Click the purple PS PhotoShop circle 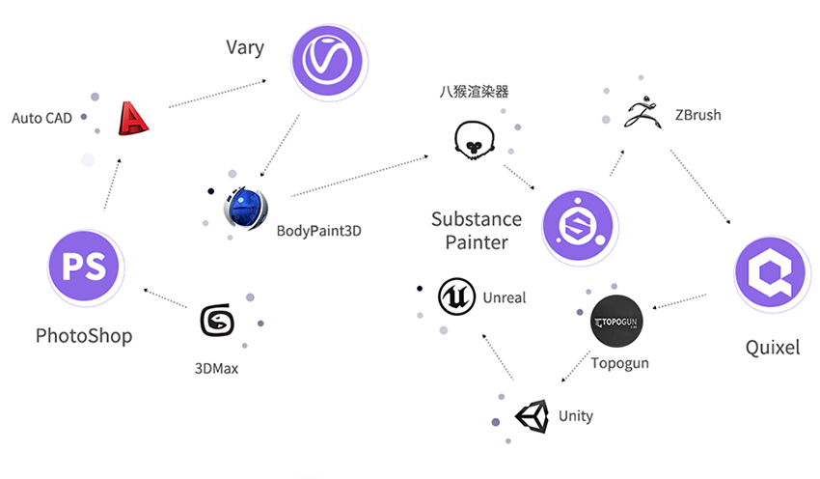click(85, 266)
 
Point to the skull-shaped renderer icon click(473, 140)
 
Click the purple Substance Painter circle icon click(578, 228)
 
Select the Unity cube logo click(532, 417)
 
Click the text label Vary click(245, 47)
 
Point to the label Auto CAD click(41, 119)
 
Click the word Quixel click(773, 348)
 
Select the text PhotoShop click(84, 336)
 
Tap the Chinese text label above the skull click(473, 93)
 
